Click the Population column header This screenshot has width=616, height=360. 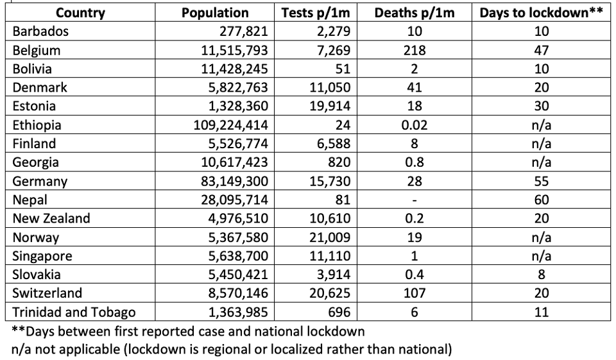(215, 13)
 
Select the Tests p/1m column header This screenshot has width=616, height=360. (316, 13)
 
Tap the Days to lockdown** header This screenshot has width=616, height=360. (541, 13)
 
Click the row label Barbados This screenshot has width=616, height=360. (40, 31)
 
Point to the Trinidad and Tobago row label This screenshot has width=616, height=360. (74, 312)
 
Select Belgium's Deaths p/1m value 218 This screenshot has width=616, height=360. (415, 50)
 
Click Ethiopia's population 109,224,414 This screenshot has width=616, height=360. (230, 125)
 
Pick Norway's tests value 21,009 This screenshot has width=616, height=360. (330, 237)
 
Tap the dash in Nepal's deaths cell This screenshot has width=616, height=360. (415, 200)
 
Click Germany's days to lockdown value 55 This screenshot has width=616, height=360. (542, 181)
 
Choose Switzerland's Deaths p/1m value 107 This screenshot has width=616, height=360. (415, 293)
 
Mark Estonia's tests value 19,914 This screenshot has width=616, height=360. (330, 106)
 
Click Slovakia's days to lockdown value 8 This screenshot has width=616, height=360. (542, 274)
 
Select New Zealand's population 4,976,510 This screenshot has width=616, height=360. (238, 219)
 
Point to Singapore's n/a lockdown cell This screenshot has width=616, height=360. (542, 256)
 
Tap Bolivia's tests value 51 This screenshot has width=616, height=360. (343, 69)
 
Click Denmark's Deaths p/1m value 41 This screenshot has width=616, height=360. (415, 87)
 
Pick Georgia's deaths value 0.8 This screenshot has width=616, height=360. (415, 162)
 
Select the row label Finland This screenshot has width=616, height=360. (34, 144)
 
